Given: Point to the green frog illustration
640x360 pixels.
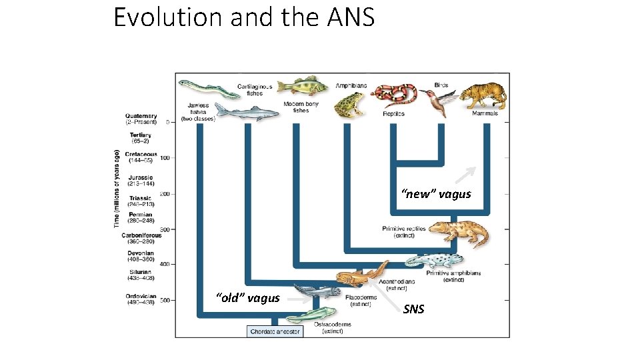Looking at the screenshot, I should click(x=348, y=104).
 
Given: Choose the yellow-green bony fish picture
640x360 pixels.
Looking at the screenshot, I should click(x=300, y=87).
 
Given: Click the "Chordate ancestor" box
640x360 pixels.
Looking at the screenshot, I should click(x=275, y=331).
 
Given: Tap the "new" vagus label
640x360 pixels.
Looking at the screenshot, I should click(x=436, y=194).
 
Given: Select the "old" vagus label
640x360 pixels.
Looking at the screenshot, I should click(x=247, y=298).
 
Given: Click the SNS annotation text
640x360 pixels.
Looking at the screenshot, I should click(x=413, y=309).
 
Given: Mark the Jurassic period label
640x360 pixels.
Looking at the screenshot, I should click(x=141, y=180).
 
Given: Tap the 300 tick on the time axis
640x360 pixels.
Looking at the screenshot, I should click(x=165, y=229).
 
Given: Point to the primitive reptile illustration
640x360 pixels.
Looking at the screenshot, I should click(x=459, y=233).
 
